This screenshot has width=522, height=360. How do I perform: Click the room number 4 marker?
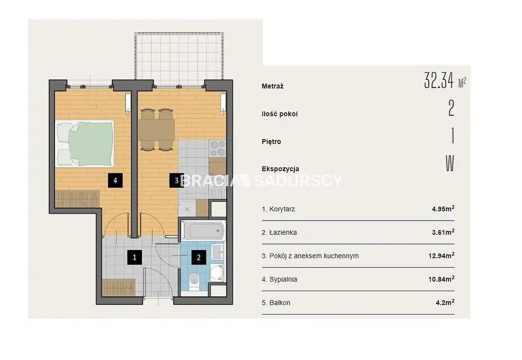click(x=115, y=181)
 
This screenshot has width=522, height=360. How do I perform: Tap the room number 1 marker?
click(x=135, y=257)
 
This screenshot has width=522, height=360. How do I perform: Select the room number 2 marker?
click(x=199, y=257)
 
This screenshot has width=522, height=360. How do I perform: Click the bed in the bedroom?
click(x=85, y=143)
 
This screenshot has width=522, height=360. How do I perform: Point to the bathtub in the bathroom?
click(x=203, y=230)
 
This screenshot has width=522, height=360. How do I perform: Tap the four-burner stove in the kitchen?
click(x=217, y=148)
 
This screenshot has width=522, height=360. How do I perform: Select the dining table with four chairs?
click(x=157, y=129)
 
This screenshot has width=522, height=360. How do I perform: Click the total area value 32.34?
click(x=439, y=80)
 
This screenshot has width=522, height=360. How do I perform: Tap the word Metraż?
click(x=272, y=86)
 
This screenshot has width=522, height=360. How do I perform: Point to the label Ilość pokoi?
click(x=280, y=114)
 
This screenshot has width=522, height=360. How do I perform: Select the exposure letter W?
click(x=450, y=163)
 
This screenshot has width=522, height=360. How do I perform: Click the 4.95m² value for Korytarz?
click(x=443, y=209)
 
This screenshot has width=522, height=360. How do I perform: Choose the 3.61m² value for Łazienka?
click(x=443, y=232)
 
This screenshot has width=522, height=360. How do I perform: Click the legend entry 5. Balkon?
click(x=276, y=303)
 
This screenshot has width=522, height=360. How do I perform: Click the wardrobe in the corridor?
click(x=118, y=287)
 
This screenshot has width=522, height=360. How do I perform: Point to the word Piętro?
click(x=271, y=142)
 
